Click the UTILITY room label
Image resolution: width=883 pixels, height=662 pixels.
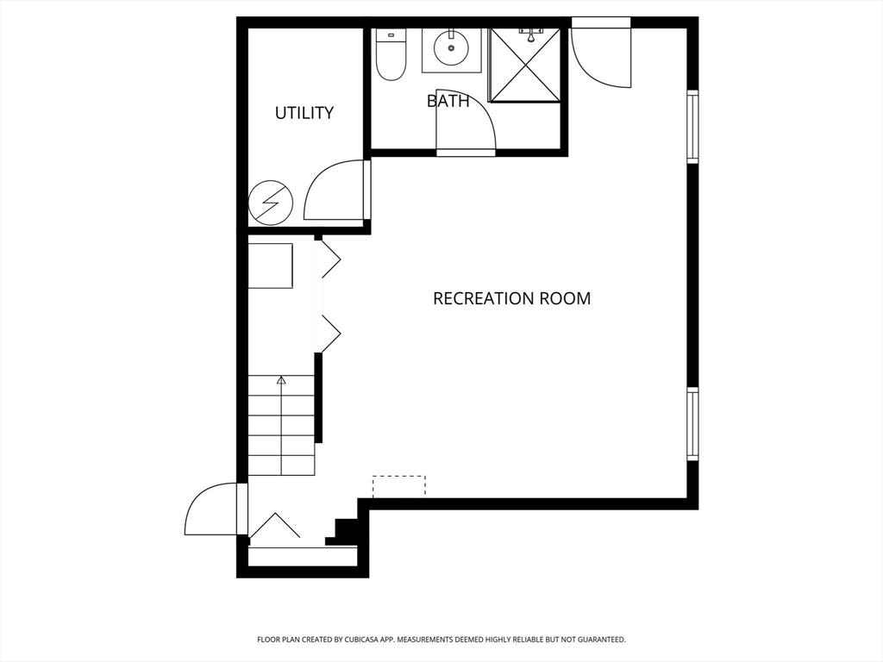(304, 113)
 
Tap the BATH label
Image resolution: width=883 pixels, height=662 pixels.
(448, 101)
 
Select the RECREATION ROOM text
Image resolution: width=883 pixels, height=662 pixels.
(512, 297)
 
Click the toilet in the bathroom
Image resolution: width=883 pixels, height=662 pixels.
(391, 54)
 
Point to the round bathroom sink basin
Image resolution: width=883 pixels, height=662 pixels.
(451, 47)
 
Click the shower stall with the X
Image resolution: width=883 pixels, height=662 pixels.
(525, 65)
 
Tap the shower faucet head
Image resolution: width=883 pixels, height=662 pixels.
(530, 35)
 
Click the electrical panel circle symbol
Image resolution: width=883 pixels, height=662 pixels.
(271, 203)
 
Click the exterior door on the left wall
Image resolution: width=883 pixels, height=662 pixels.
(213, 509)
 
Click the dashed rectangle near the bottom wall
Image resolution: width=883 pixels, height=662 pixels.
(398, 486)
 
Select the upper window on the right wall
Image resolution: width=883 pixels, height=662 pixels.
(692, 127)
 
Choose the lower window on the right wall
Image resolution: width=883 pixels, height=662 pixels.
(692, 424)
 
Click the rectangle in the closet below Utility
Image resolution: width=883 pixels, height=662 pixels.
(270, 265)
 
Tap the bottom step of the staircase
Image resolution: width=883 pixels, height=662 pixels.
(281, 465)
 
